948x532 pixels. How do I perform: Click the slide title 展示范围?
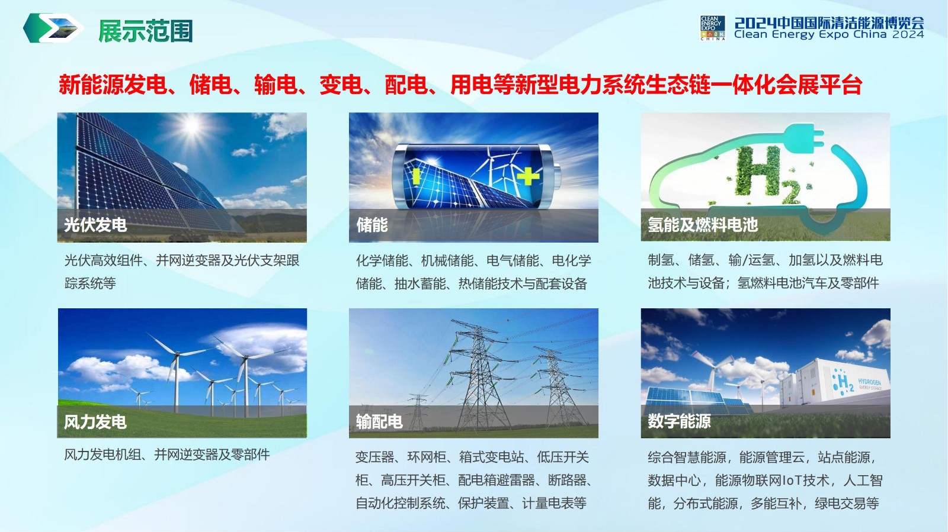[x=146, y=31]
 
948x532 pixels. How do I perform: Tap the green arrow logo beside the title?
[x=53, y=28]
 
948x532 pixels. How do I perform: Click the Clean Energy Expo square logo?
[x=713, y=28]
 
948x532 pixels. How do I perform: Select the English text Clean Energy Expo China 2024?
[x=829, y=35]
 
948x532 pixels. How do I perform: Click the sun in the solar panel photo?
[x=191, y=125]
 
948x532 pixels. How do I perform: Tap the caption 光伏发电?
[x=95, y=225]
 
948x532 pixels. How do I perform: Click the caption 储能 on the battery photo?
[x=372, y=225]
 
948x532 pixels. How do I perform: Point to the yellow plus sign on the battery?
[x=528, y=176]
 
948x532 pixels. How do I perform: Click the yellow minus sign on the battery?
[x=416, y=176]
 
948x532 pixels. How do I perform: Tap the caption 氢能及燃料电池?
[x=703, y=225]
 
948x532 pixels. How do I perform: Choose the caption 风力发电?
[x=95, y=422]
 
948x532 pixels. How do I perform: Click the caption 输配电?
[x=379, y=422]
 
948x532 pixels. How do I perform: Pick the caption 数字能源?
[x=679, y=421]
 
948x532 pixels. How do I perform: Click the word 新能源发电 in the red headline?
[x=113, y=85]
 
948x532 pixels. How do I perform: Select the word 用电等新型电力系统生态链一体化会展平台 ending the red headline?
[x=656, y=85]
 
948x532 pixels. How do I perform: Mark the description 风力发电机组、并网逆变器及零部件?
[x=166, y=454]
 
